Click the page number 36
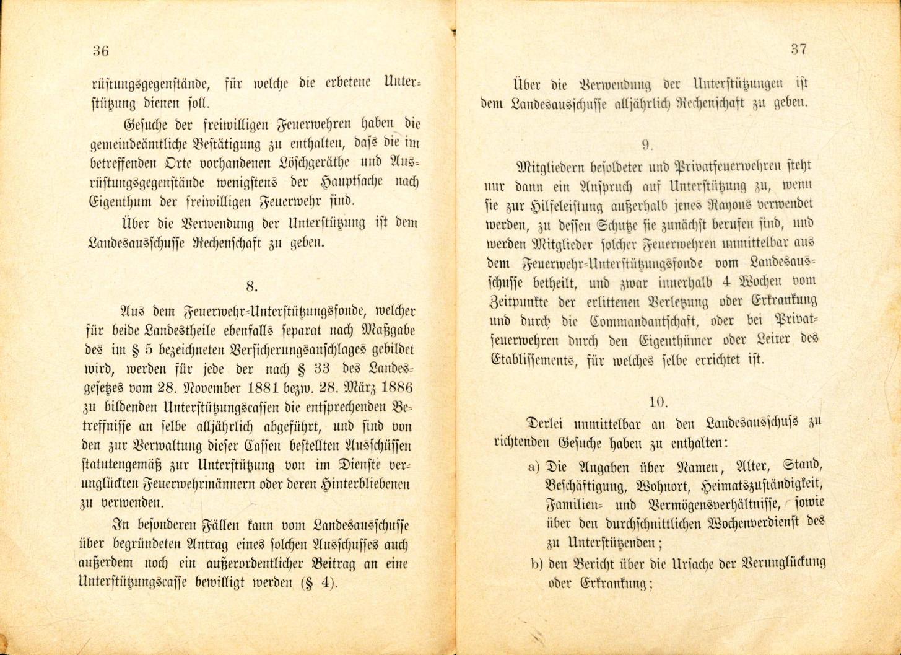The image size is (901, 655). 100,51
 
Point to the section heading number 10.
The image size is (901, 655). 658,402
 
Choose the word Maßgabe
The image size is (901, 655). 388,330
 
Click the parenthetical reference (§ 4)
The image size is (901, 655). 314,584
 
